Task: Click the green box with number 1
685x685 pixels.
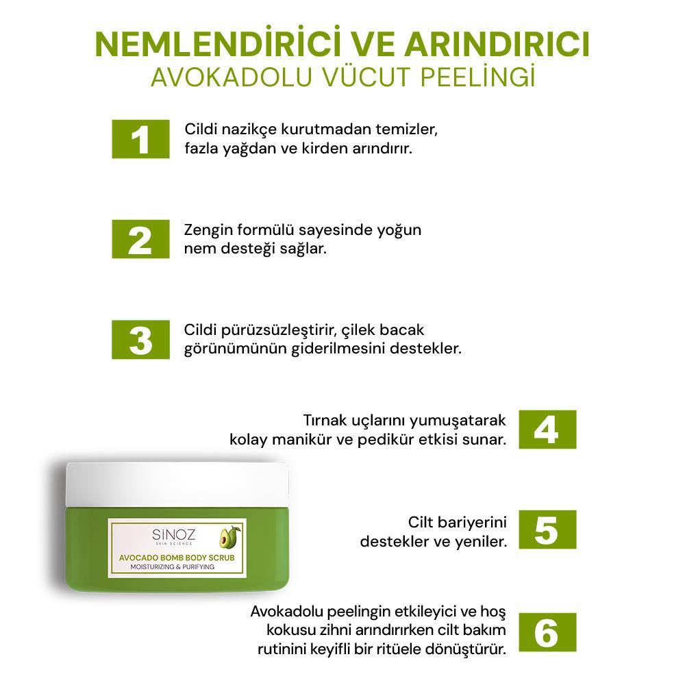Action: click(140, 139)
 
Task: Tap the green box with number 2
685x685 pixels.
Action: click(140, 239)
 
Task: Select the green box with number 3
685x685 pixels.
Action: click(140, 340)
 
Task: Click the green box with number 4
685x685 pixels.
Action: click(547, 429)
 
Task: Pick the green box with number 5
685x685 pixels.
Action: click(547, 530)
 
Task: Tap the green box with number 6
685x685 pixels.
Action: click(547, 632)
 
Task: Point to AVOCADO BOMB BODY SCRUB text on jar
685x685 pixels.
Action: click(177, 558)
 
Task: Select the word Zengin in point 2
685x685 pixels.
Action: click(208, 229)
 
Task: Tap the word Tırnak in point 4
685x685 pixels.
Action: click(326, 420)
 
